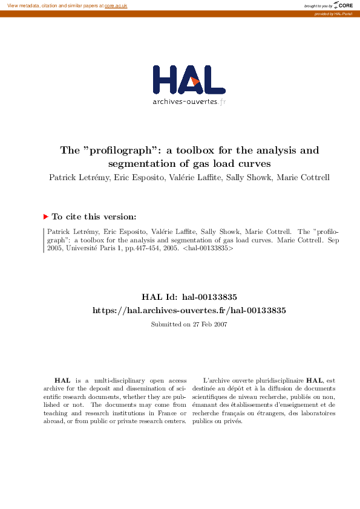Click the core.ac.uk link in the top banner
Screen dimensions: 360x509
[x=116, y=5]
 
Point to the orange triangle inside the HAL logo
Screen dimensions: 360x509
[x=192, y=81]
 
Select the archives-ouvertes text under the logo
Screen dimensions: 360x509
[x=185, y=102]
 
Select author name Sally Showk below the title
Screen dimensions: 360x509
[x=248, y=178]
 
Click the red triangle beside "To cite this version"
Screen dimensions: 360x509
[x=45, y=216]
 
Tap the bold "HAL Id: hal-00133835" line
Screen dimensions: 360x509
[x=189, y=297]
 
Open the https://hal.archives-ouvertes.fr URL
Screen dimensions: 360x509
[x=189, y=310]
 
